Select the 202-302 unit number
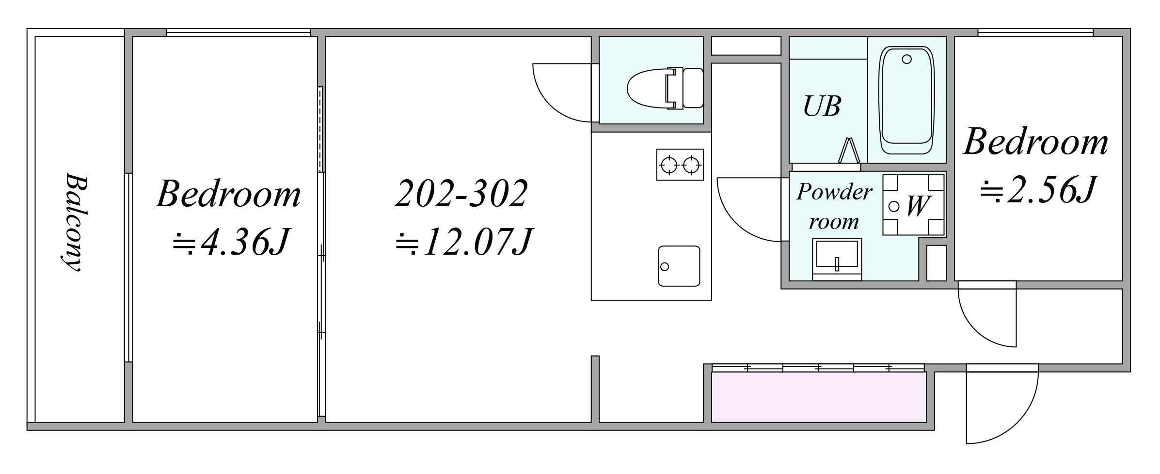(x=461, y=194)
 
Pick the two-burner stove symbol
(x=680, y=165)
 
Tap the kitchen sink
(x=679, y=266)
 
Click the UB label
(x=822, y=106)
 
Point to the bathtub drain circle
(x=907, y=60)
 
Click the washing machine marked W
(x=913, y=205)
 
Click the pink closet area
(x=819, y=397)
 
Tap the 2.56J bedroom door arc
(x=974, y=329)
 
